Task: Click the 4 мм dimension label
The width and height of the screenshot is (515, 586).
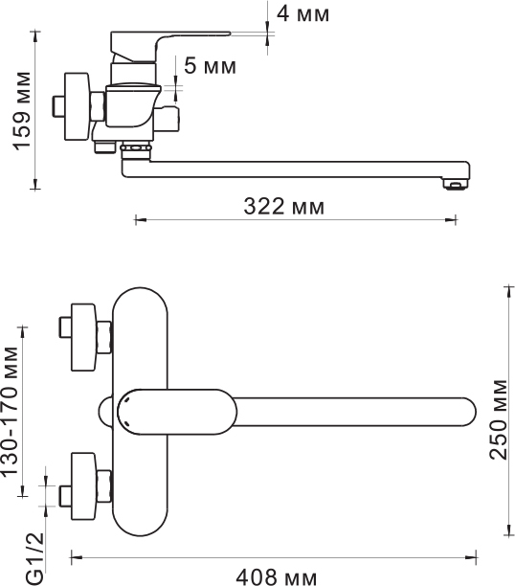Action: coord(302,14)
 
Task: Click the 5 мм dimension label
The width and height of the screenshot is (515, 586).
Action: coord(210,66)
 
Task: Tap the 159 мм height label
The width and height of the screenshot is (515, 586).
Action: coord(22,111)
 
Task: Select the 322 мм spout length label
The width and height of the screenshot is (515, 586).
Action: coord(284,206)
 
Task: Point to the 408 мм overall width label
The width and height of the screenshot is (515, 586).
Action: coord(277,577)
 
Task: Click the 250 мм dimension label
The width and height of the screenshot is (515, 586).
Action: coord(498,419)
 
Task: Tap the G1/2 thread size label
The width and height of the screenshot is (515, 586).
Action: coord(35,558)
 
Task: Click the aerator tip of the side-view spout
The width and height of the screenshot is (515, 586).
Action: coord(455,184)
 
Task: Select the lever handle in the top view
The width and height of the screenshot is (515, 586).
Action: coord(176,412)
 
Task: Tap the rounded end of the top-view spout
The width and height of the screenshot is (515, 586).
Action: coord(468,412)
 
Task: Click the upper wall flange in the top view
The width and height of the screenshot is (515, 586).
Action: coord(83,337)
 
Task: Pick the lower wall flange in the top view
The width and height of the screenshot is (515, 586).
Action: coord(83,486)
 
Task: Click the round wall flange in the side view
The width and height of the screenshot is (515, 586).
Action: coord(77,107)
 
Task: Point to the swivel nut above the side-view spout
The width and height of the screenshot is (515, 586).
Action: coord(136,148)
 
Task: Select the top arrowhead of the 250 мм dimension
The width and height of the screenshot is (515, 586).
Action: coord(508,292)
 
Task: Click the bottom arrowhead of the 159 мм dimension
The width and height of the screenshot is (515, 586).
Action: coord(35,184)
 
